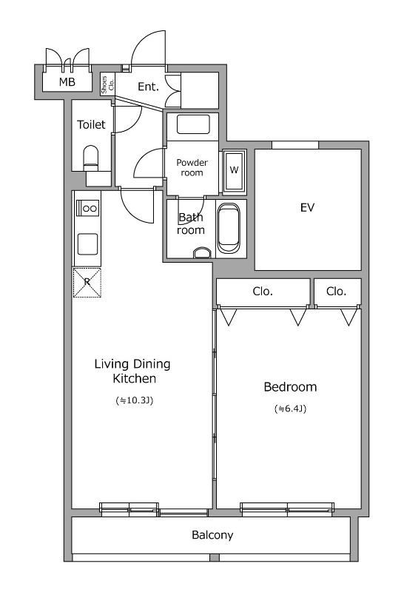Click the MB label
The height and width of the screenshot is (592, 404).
[x=67, y=81]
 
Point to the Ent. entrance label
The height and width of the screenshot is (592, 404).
[x=148, y=87]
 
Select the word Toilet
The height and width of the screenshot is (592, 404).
[x=91, y=124]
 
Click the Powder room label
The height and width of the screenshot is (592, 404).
[x=192, y=168]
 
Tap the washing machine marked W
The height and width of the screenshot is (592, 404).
[x=234, y=172]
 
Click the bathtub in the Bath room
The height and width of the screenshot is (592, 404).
[x=229, y=229]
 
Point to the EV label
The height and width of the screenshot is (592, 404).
[x=307, y=207]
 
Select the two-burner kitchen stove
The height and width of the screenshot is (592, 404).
[x=87, y=208]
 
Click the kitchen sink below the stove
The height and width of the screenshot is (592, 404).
[x=87, y=244]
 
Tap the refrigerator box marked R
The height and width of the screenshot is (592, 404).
[x=87, y=283]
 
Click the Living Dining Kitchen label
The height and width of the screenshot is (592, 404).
[x=132, y=371]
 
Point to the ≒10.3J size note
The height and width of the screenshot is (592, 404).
[x=135, y=400]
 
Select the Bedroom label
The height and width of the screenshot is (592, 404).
[x=290, y=387]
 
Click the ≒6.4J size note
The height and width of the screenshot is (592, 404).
[x=290, y=408]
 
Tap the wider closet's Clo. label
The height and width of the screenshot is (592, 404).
[x=263, y=292]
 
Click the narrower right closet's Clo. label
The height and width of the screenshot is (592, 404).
[x=336, y=292]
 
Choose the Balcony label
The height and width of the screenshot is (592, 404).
[x=212, y=535]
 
